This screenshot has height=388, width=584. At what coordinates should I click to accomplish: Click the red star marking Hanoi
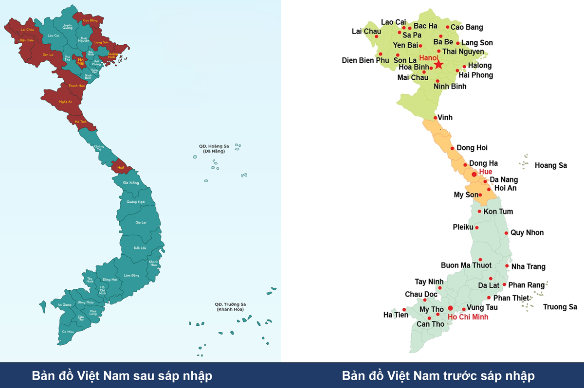tap(438, 64)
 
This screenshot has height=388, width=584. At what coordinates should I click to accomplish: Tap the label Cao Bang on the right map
tap(467, 27)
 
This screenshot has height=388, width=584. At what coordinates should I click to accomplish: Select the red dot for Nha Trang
tap(507, 266)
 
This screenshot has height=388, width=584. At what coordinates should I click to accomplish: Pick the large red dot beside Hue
tap(474, 174)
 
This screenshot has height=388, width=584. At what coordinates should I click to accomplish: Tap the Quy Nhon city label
tap(527, 232)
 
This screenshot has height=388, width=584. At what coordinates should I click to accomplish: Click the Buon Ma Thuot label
tap(466, 265)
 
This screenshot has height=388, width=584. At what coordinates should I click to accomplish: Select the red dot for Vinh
tap(435, 118)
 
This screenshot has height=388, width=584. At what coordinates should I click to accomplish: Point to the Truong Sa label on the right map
tap(560, 307)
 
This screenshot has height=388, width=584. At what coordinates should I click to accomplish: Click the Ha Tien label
tap(396, 315)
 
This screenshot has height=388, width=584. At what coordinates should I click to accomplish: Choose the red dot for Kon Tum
tap(479, 211)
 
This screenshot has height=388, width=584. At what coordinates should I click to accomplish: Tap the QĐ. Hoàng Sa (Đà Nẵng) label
tap(214, 148)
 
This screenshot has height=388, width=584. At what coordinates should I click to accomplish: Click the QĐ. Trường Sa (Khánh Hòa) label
tap(230, 307)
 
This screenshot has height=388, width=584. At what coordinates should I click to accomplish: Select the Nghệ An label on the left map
tap(66, 102)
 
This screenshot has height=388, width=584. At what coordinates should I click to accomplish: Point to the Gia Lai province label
tap(141, 222)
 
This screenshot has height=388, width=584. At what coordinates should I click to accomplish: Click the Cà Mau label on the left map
tap(68, 332)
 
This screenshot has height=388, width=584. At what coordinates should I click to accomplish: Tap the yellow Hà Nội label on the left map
tap(81, 61)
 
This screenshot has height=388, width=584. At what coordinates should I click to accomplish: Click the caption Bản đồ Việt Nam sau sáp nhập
tap(122, 376)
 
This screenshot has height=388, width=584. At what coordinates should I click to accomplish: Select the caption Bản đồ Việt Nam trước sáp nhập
tap(438, 376)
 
